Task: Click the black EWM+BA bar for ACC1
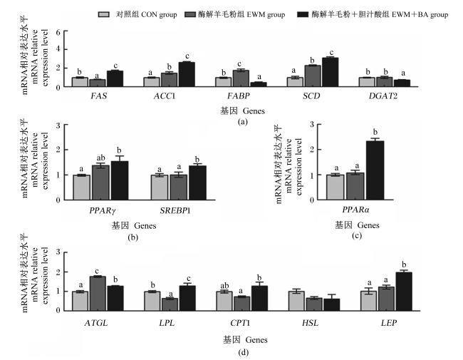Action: pos(187,74)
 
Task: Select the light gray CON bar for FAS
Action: pos(80,82)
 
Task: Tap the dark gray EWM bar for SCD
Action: pos(313,76)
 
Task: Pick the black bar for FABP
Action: pos(259,84)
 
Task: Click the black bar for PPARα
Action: pos(375,170)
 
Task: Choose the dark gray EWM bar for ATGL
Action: pos(98,293)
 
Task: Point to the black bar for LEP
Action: pos(404,292)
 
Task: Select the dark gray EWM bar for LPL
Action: pos(170,304)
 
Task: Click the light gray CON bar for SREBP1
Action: pos(160,187)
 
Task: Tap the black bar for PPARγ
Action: pos(120,180)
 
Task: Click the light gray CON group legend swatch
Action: pos(104,14)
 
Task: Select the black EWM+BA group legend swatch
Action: pos(303,14)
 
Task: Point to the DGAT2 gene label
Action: pos(383,96)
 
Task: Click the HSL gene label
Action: pos(310,323)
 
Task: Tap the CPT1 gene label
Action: pos(240,323)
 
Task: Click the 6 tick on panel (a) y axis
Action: pos(58,32)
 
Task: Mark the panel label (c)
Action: pos(357,235)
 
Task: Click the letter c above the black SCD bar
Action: pos(332,53)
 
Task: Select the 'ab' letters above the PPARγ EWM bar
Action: pos(100,158)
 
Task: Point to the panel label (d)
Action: pos(243,352)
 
